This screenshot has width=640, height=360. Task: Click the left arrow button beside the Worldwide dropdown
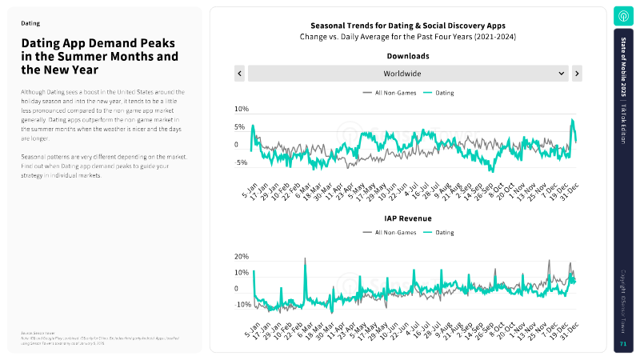point(239,74)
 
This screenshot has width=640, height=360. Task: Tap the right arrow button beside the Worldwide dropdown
point(577,74)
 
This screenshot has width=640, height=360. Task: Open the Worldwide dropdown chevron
point(561,74)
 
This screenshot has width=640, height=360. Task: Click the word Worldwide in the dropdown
point(407,74)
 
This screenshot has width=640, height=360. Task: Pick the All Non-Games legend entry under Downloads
point(389,93)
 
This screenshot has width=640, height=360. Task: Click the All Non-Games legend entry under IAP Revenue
point(389,232)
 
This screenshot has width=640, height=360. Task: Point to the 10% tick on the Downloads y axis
point(241,109)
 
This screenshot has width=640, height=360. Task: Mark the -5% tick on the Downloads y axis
point(241,162)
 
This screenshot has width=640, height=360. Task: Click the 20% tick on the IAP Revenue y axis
point(241,257)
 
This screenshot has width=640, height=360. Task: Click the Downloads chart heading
point(407,57)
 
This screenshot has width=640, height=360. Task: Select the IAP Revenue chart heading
point(407,218)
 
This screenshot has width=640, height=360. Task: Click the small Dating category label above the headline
point(30,24)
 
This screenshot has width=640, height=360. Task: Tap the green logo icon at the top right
point(622,16)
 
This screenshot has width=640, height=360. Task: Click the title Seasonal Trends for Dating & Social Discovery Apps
point(407,26)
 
